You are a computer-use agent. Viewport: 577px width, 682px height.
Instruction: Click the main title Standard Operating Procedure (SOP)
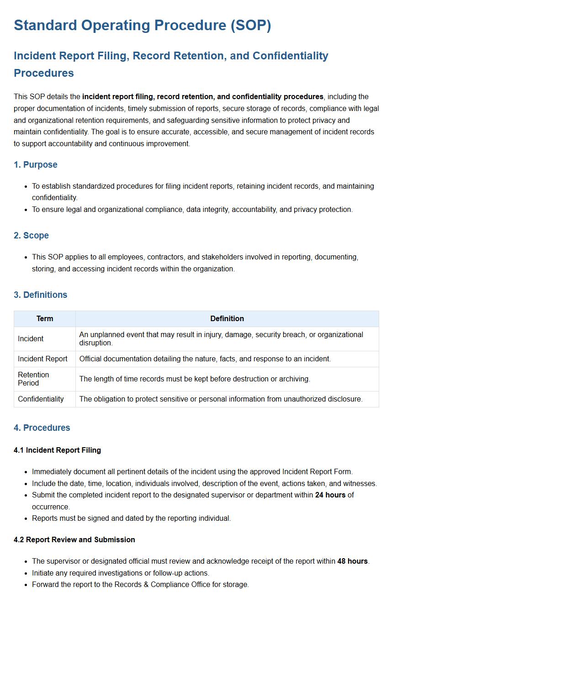click(x=142, y=25)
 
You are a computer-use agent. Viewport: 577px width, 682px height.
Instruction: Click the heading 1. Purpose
click(x=36, y=164)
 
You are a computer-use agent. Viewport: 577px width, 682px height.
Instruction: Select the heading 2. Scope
click(x=31, y=235)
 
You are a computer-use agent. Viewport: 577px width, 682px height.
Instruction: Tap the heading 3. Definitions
click(x=41, y=295)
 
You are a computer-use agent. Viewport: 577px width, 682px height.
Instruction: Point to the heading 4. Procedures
click(x=42, y=428)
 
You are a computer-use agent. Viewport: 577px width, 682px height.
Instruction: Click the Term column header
click(x=45, y=318)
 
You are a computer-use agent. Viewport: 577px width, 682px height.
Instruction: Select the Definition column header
click(x=227, y=318)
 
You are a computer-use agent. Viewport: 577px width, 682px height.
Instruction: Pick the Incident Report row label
click(x=42, y=359)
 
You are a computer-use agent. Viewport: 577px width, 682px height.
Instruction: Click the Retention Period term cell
click(x=33, y=379)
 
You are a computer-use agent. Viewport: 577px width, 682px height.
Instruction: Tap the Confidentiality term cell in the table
click(x=41, y=399)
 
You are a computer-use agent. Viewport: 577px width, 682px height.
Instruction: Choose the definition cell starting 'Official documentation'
click(x=205, y=359)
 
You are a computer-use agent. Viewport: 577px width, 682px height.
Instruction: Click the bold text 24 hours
click(x=330, y=495)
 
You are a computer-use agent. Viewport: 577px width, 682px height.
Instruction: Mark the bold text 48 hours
click(x=352, y=561)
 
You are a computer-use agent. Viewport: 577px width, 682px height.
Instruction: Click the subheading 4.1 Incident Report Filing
click(x=57, y=450)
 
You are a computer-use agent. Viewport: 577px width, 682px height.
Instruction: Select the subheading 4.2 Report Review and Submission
click(x=74, y=539)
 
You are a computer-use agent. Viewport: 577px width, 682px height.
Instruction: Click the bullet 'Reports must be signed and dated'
click(x=131, y=518)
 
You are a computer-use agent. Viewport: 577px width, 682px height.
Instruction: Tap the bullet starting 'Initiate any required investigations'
click(x=121, y=573)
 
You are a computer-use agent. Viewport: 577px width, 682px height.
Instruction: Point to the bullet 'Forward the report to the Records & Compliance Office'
click(x=140, y=584)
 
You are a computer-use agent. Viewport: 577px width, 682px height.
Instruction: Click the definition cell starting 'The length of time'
click(x=195, y=379)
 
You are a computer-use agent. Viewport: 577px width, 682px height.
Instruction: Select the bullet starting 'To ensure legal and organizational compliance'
click(x=192, y=209)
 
